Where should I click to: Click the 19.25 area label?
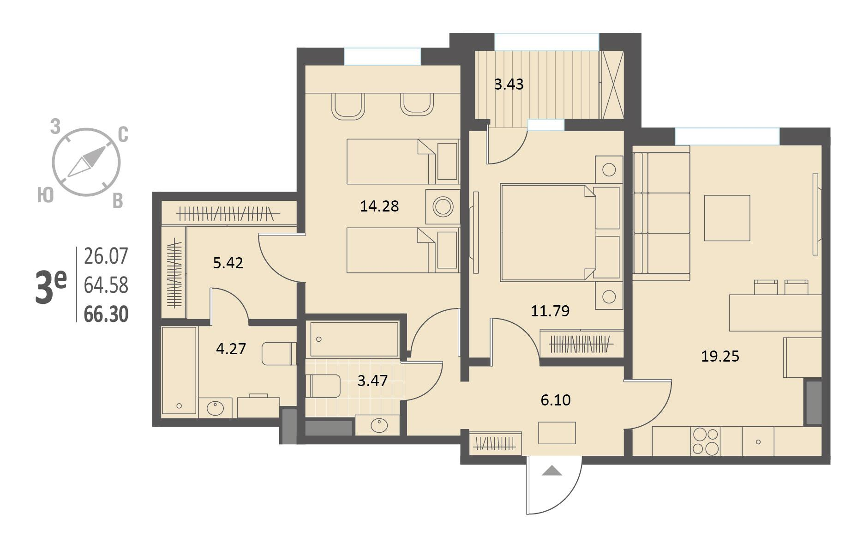pos(720,356)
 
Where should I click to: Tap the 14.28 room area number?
pos(379,206)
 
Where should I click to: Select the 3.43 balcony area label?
pos(509,85)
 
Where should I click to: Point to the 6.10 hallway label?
pos(556,400)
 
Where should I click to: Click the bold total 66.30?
pos(106,314)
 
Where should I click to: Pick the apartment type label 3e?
pos(51,287)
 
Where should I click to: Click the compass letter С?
pos(123,135)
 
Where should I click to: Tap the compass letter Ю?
pos(45,196)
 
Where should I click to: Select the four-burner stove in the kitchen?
pos(705,441)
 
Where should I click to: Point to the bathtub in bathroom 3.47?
pos(354,339)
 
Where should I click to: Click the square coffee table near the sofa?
pos(727,218)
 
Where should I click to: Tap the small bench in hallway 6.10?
pos(557,433)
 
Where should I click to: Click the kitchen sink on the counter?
pos(758,441)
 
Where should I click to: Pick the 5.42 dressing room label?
pos(228,263)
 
